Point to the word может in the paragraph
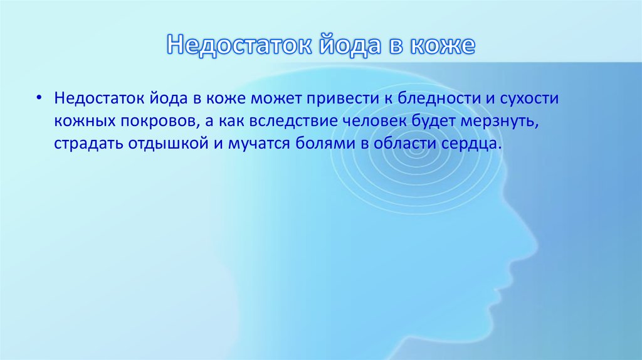tap(275, 99)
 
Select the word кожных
tap(78, 121)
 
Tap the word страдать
tap(83, 144)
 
